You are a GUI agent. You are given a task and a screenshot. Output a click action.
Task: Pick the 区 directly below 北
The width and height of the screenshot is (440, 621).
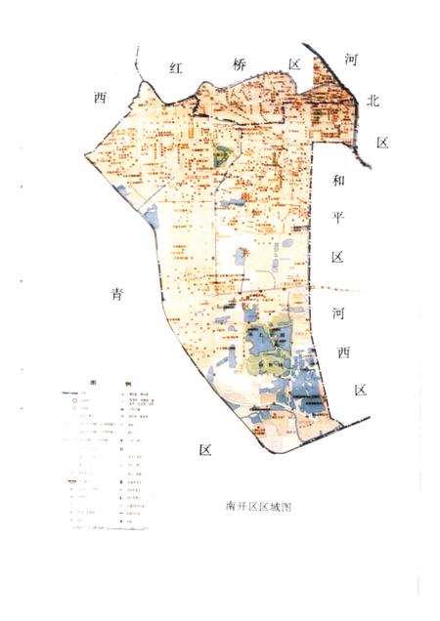tap(382, 144)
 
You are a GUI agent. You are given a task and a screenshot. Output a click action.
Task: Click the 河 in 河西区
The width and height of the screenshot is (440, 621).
tap(338, 312)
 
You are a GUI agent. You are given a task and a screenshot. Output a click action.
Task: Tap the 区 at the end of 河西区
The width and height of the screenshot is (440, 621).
tap(361, 391)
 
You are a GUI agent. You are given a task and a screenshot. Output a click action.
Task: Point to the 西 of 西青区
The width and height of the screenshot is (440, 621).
tap(99, 97)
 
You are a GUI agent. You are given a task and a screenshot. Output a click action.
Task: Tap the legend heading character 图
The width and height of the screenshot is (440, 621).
tap(94, 383)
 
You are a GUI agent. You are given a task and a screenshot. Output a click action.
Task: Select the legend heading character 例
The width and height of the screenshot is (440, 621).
tap(126, 383)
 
